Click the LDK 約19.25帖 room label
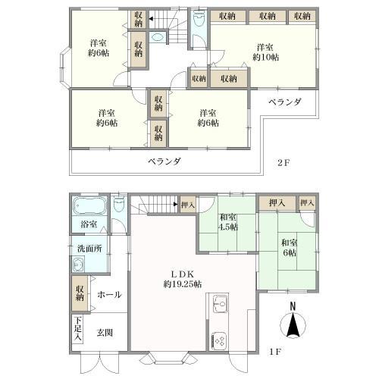[183, 279]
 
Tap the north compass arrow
[293, 325]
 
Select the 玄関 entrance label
[105, 333]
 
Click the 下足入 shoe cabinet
[78, 329]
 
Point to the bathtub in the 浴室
[88, 207]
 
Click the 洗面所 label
[89, 249]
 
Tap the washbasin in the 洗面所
[78, 265]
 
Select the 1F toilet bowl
[118, 204]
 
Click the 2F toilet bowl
[199, 18]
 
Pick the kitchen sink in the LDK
[220, 303]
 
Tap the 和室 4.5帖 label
[228, 222]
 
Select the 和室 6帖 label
[290, 248]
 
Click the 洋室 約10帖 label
[265, 52]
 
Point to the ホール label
[109, 294]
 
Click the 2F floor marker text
[283, 162]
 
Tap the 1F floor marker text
[275, 352]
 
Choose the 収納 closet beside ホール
[80, 293]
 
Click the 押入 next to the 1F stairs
[188, 204]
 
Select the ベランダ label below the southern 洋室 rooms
[164, 161]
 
